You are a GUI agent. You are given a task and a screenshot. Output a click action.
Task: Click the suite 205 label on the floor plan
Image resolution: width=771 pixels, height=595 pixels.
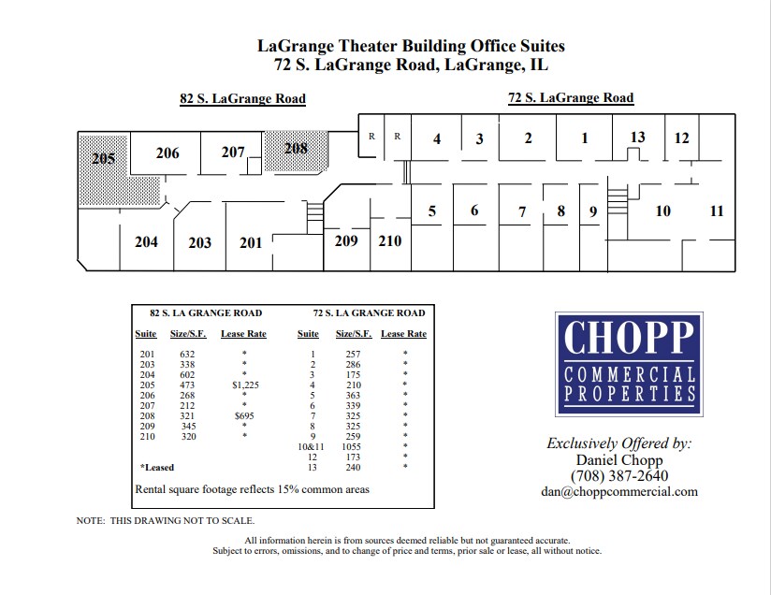pos(104,158)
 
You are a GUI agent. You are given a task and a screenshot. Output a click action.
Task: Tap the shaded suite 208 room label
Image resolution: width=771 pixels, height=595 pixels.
pos(296,148)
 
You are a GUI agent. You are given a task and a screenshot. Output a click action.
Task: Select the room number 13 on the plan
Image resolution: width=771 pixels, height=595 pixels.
pos(637,138)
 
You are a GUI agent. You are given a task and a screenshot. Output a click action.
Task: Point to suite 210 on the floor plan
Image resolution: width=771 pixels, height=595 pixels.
pos(390,241)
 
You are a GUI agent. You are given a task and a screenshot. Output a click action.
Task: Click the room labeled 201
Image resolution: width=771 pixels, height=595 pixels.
pos(251,243)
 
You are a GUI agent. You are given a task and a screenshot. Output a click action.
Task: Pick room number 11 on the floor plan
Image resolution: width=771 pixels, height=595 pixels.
pos(717,211)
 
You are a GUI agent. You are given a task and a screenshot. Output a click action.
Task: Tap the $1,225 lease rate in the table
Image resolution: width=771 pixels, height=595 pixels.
pos(243,385)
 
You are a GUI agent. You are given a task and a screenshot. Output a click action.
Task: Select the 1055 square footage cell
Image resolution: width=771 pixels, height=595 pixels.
pos(353,446)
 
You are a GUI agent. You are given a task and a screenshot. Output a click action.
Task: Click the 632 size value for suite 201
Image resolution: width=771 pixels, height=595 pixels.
pos(187,354)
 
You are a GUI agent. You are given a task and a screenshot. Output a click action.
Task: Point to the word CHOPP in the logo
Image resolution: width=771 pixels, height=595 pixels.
pos(628,338)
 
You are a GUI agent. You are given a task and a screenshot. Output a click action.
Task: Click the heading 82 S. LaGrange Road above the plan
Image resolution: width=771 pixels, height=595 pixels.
pos(242,98)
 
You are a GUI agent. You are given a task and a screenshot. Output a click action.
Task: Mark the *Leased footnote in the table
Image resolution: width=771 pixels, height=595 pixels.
pos(157,467)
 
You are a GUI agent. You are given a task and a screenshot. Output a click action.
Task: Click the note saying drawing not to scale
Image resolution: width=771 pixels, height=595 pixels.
pos(165,520)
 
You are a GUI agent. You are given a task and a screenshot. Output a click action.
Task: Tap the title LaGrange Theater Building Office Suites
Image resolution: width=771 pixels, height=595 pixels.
pos(411,46)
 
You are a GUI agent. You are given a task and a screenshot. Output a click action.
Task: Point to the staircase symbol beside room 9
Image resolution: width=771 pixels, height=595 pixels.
pos(616,200)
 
